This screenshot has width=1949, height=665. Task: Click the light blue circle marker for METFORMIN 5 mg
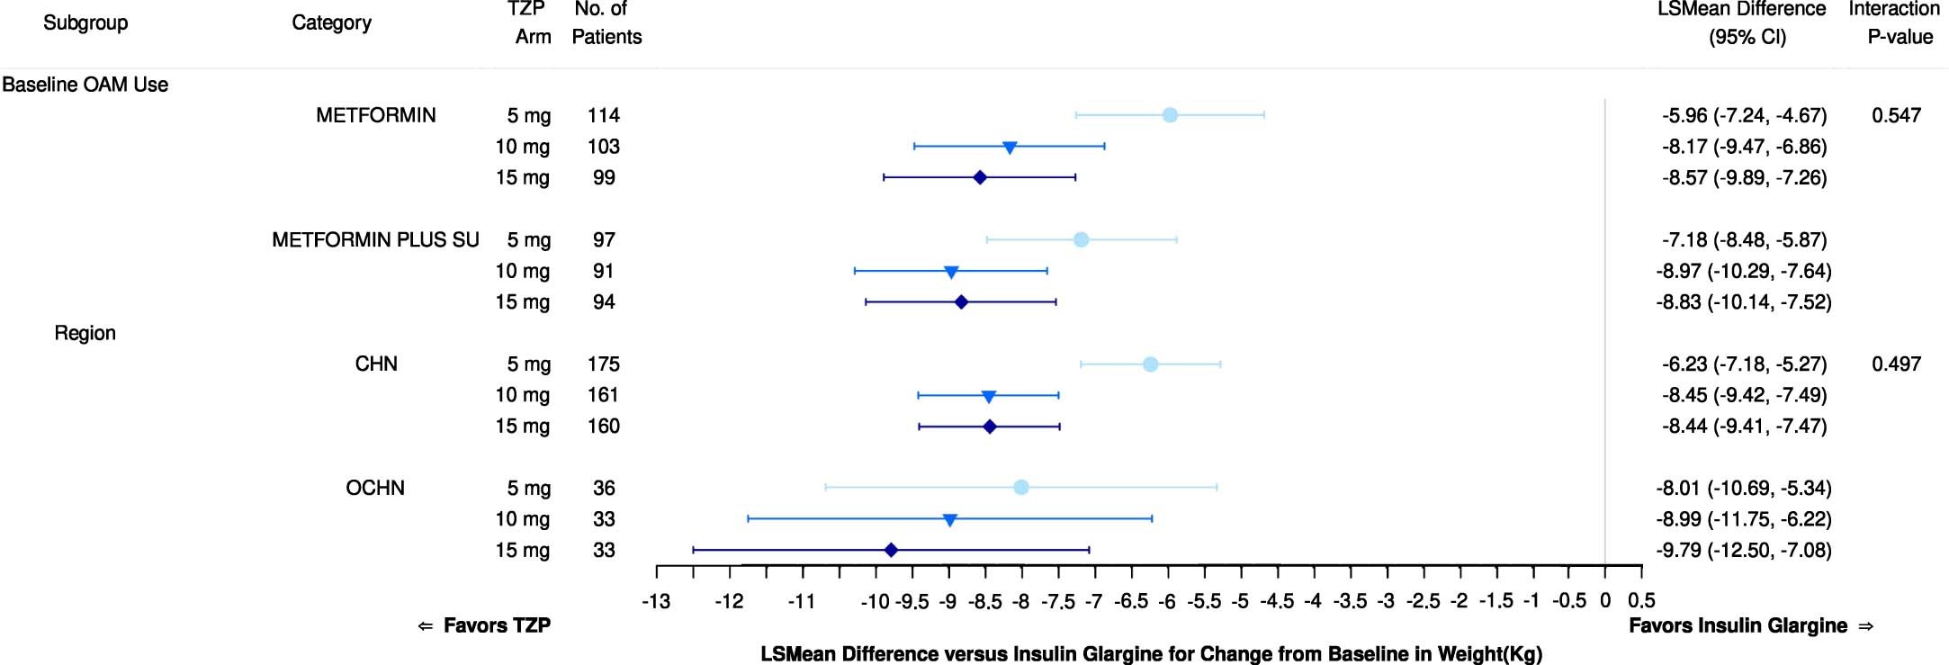point(1170,115)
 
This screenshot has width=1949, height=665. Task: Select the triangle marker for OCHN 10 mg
point(949,519)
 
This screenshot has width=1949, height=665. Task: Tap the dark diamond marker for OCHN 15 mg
point(891,550)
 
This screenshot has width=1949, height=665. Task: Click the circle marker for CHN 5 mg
point(1150,364)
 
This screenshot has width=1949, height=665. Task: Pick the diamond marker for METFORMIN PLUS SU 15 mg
point(961,302)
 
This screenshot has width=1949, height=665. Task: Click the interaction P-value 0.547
point(1896,115)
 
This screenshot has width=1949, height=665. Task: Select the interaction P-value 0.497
point(1896,364)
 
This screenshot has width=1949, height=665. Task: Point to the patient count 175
point(604,364)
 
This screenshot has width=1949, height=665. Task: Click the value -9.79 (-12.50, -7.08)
point(1744,550)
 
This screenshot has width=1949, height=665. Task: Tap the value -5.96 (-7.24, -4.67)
point(1744,115)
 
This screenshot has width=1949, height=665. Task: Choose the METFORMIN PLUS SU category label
point(375,240)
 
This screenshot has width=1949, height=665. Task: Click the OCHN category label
point(375,488)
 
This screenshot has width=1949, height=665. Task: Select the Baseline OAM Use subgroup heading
point(85,85)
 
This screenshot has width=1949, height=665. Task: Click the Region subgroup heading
point(85,333)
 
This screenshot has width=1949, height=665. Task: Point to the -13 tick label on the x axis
point(656,600)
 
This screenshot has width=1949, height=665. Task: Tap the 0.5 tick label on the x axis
point(1641,600)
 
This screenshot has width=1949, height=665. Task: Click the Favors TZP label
point(497,625)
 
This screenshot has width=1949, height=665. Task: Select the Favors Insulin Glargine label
point(1738,625)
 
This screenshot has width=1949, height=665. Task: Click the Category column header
point(331,22)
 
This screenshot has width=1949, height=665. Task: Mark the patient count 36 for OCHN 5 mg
point(604,488)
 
